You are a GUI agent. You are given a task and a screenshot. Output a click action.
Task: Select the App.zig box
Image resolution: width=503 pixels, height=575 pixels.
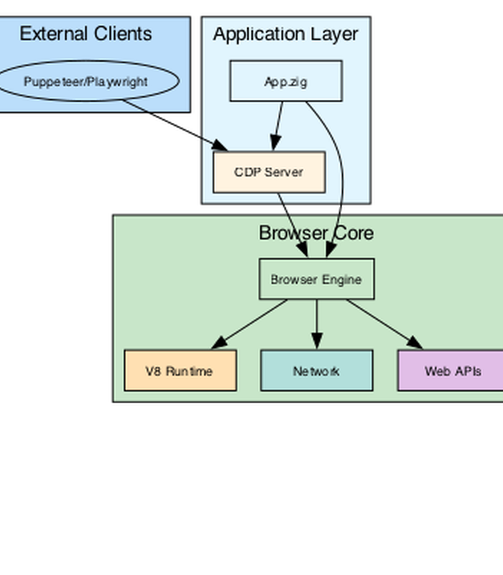tap(286, 81)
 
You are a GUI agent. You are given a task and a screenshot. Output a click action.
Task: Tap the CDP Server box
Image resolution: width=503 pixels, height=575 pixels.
tap(269, 172)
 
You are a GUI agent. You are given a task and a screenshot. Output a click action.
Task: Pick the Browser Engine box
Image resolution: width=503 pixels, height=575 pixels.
tap(317, 279)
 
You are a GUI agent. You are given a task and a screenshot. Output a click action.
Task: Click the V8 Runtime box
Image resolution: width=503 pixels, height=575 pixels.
tap(180, 371)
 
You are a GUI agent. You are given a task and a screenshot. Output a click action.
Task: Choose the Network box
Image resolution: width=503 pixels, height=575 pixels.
tap(317, 371)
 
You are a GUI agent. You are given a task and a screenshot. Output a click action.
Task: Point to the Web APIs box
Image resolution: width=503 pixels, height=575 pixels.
tap(451, 371)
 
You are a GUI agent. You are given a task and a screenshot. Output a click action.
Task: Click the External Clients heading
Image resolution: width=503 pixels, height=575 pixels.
tap(86, 34)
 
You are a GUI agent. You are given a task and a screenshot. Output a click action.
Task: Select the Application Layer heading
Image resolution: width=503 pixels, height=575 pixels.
tap(285, 34)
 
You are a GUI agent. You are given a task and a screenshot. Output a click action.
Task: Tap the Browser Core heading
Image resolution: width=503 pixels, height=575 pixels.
tap(316, 233)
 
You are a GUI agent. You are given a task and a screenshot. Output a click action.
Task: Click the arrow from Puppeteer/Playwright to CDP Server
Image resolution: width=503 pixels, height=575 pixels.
tap(175, 125)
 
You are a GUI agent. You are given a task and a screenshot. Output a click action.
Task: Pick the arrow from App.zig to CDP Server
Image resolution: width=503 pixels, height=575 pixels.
tap(277, 126)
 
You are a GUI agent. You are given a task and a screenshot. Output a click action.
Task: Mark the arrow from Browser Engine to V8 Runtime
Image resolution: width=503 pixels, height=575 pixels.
tap(249, 324)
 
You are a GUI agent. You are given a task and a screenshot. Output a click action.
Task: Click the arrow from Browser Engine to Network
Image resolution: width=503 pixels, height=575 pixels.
tap(317, 324)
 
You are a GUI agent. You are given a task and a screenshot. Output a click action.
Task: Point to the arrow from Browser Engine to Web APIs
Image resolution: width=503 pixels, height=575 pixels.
tap(384, 324)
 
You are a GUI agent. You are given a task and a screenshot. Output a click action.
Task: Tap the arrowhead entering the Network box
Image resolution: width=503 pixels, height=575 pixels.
tap(317, 341)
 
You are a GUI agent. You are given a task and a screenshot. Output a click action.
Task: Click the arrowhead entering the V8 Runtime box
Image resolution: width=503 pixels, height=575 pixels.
tap(220, 343)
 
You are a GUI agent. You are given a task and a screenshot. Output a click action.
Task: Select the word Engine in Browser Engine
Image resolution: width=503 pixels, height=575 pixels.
tap(343, 280)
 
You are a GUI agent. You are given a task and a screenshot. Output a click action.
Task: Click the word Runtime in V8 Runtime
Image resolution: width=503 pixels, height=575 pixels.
tap(189, 372)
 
